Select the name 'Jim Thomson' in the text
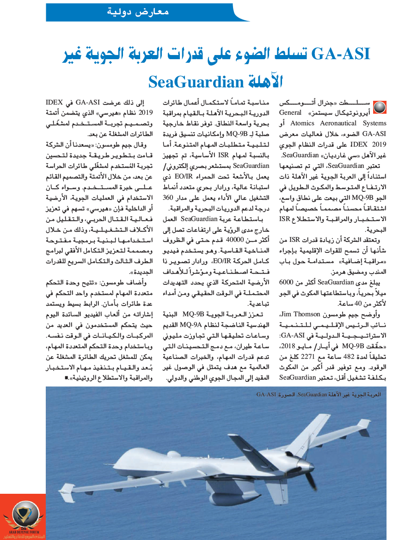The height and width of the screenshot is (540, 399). point(302,315)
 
